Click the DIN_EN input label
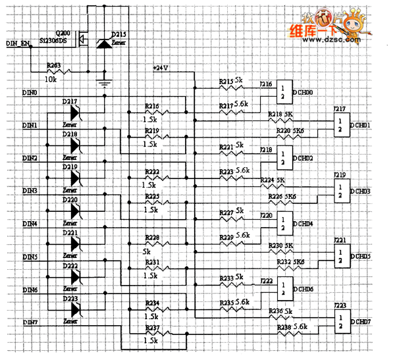[x=18, y=43]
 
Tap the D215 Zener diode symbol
[x=103, y=42]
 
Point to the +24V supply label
[x=161, y=68]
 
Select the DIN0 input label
[x=30, y=93]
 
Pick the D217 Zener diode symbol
[x=74, y=114]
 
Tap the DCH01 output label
[x=361, y=125]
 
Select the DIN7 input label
[x=30, y=322]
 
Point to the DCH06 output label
[x=304, y=290]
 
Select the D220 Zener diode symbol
[x=74, y=211]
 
